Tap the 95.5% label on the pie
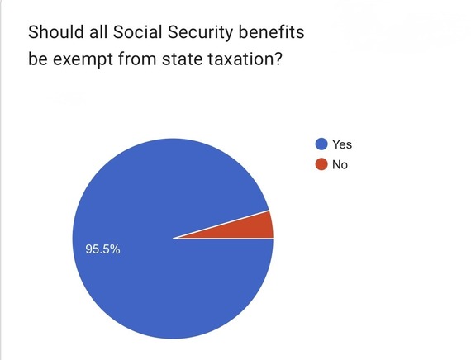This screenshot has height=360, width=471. coord(102,249)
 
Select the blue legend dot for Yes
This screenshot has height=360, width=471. coord(321,144)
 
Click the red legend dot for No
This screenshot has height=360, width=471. coord(321,164)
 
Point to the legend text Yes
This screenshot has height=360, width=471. coord(342,144)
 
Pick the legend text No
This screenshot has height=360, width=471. coord(340,165)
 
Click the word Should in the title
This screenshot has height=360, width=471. coord(56,32)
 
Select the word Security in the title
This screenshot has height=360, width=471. coord(200,33)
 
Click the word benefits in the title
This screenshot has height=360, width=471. coord(272,32)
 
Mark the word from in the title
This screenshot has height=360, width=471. coord(137,59)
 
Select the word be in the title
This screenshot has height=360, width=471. coord(38,59)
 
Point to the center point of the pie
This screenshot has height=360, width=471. coord(173,239)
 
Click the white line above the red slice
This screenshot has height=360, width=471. coord(221,225)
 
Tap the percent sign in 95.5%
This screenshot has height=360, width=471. coord(116,249)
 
